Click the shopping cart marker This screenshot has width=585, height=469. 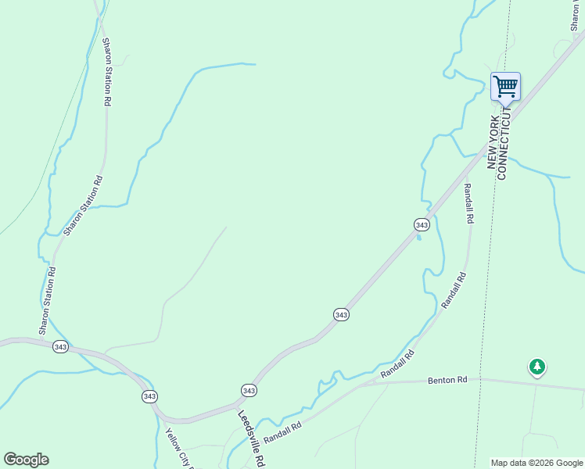pyautogui.click(x=505, y=86)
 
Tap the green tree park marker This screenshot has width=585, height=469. pyautogui.click(x=537, y=366)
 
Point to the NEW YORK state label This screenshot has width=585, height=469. pyautogui.click(x=493, y=138)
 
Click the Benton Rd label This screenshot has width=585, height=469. pyautogui.click(x=447, y=380)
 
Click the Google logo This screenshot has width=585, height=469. pyautogui.click(x=26, y=460)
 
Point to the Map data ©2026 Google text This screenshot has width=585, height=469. pyautogui.click(x=537, y=463)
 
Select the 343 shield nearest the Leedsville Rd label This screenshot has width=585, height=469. pyautogui.click(x=249, y=390)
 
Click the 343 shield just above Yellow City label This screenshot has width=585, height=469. pyautogui.click(x=149, y=396)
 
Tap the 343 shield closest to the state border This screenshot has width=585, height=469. pyautogui.click(x=422, y=224)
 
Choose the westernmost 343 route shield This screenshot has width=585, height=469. pyautogui.click(x=60, y=346)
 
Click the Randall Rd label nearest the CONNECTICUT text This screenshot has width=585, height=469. pyautogui.click(x=468, y=203)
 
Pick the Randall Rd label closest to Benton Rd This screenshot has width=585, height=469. pyautogui.click(x=397, y=365)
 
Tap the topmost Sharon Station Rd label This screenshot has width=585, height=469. pyautogui.click(x=107, y=72)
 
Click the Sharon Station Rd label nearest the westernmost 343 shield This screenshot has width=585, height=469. pyautogui.click(x=48, y=299)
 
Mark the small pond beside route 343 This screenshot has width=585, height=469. pyautogui.click(x=419, y=238)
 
